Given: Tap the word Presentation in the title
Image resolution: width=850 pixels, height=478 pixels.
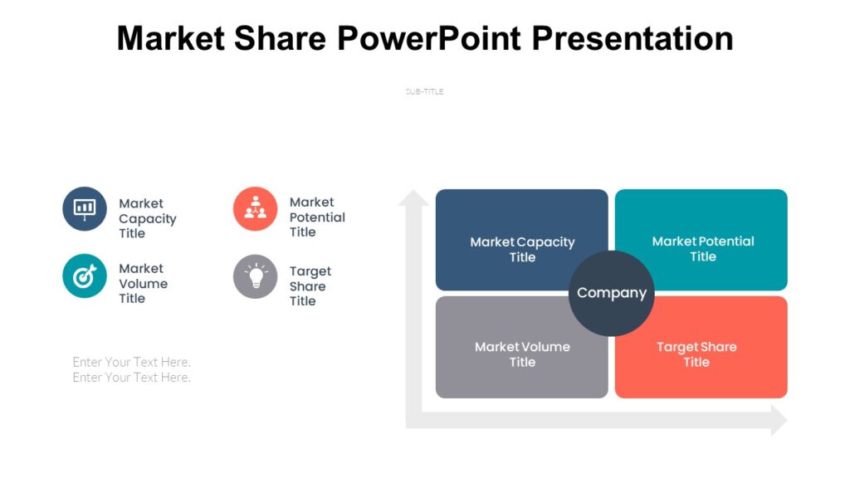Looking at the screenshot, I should coord(632,38).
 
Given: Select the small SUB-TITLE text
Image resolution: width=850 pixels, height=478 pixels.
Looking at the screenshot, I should coord(424,92).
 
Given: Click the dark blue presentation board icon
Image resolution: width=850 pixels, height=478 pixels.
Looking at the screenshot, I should coord(85,208).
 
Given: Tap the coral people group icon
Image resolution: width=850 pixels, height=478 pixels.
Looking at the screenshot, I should coord(255,208).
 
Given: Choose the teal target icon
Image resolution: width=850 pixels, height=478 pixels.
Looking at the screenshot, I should coord(85,276).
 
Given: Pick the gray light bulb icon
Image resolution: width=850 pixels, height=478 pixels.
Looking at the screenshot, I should coord(255,276).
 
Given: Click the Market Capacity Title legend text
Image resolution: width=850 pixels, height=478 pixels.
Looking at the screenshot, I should coord(147,218).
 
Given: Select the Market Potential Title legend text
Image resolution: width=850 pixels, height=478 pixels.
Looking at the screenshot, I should coord(316,217).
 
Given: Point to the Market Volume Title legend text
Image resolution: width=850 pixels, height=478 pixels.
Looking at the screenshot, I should coord(143,283).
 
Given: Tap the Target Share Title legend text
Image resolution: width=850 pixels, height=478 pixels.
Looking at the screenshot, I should coord(310,286).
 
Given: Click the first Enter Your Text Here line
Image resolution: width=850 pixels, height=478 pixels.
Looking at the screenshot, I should coord(131,362).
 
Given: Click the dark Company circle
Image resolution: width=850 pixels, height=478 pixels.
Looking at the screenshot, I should coord(612,293).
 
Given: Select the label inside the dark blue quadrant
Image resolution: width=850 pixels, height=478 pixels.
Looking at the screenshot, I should coord(522,249).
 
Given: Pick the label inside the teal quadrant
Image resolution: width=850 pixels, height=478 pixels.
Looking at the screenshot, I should coord(702,248).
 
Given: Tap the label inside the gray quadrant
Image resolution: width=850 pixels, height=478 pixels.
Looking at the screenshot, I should coord(522,354).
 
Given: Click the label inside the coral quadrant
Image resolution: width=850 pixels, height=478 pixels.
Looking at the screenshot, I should coord(696,354).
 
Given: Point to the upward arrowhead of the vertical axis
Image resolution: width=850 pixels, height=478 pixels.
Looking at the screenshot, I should coord(413,198).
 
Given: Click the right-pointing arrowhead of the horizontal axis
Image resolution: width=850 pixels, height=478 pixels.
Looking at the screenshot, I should coord(779,420).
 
